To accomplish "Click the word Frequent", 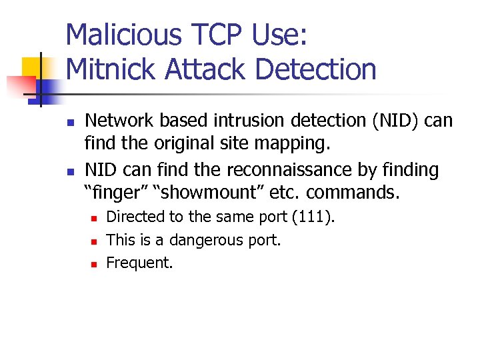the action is point(139,263).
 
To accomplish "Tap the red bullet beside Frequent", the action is point(94,264).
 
